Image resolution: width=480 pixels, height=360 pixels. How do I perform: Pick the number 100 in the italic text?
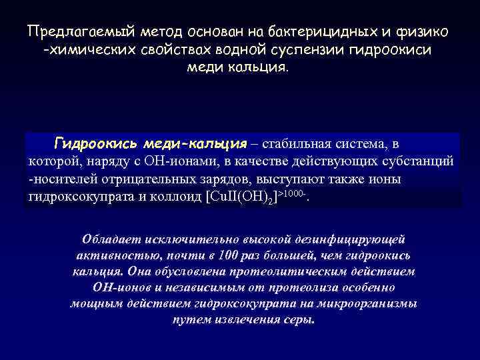click(x=233, y=255)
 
